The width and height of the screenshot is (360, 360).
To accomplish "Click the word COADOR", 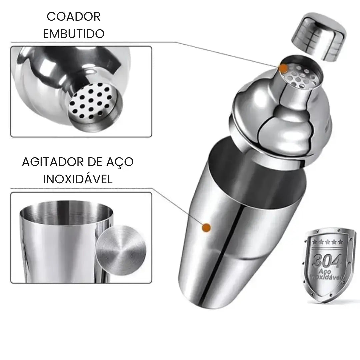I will click(73, 17).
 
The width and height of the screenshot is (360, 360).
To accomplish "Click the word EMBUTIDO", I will click(73, 34).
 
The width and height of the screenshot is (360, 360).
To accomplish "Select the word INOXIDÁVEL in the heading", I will click(78, 179).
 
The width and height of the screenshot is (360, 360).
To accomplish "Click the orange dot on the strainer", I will click(283, 68).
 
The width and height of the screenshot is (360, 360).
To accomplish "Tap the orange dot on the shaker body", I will click(206, 228).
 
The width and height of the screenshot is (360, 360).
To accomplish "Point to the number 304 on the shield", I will click(327, 260).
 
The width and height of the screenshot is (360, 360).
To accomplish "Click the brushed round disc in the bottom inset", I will click(121, 250).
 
